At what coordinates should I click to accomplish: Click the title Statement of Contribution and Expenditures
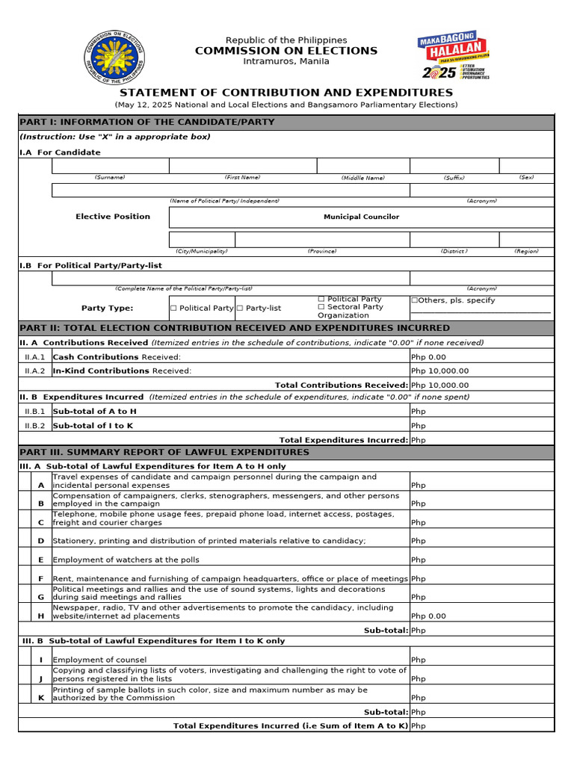[286, 93]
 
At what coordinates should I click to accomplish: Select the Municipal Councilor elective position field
[361, 217]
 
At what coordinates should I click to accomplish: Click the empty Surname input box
[110, 166]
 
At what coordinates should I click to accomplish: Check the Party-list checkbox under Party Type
[240, 308]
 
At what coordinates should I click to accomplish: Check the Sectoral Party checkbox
[321, 307]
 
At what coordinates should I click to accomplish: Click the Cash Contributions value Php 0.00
[428, 357]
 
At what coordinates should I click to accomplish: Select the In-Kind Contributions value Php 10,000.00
[440, 371]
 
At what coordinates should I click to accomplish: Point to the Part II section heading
[235, 328]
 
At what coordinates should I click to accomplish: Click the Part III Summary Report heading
[164, 452]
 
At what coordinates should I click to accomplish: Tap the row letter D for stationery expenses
[41, 541]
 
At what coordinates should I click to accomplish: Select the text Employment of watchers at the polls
[126, 560]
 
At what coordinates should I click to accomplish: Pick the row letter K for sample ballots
[41, 698]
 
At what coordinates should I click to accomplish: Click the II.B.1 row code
[35, 411]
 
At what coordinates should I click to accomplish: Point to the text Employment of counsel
[100, 660]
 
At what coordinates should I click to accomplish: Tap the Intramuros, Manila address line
[286, 61]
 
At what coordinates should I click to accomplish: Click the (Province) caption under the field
[321, 252]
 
